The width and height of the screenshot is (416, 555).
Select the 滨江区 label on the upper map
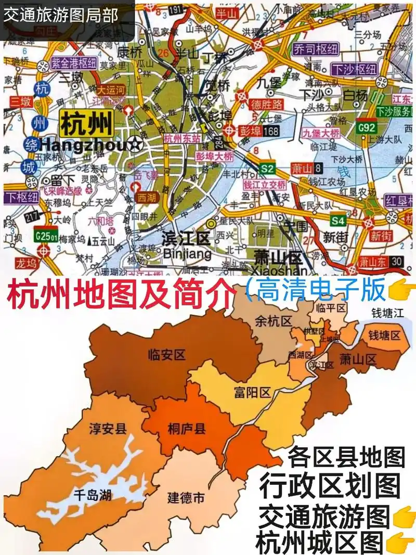pos(186,239)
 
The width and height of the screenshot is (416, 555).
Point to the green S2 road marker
pos(267,169)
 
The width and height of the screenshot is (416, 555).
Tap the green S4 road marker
pos(339,221)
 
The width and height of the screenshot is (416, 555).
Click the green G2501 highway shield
pos(45,235)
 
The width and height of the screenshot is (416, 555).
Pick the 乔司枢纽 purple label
pos(316,50)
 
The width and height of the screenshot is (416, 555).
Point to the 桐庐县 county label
pos(187,429)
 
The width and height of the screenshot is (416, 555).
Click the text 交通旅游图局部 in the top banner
pos(61,14)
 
